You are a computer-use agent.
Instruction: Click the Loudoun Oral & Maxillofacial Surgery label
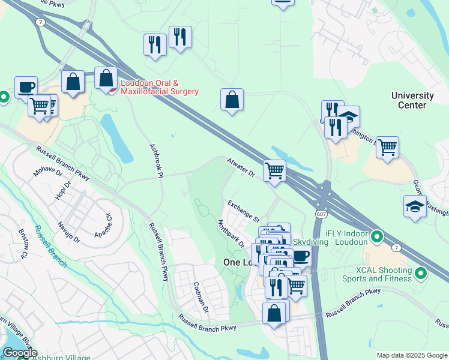pyautogui.click(x=159, y=87)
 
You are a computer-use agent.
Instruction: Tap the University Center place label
pyautogui.click(x=412, y=100)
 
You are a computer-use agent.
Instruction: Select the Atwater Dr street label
pyautogui.click(x=241, y=167)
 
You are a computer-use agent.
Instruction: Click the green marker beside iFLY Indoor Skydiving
pyautogui.click(x=376, y=236)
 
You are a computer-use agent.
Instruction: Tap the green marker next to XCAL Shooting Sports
pyautogui.click(x=421, y=274)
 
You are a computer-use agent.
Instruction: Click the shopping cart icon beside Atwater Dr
pyautogui.click(x=274, y=170)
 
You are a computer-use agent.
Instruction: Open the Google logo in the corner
pyautogui.click(x=20, y=353)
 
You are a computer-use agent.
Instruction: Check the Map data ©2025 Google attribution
pyautogui.click(x=411, y=355)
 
